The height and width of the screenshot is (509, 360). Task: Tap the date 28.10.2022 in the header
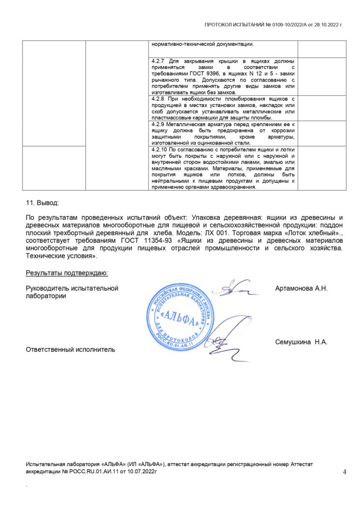point(328,24)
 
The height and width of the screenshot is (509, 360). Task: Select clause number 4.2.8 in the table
point(157,99)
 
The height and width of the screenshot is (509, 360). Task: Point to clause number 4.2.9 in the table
point(157,124)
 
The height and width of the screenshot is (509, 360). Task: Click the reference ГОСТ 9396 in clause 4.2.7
point(212,74)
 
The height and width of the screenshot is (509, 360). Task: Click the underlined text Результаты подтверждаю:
point(67,272)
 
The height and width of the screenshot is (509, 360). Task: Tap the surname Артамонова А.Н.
point(301,288)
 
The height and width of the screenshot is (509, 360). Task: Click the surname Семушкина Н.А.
point(301,342)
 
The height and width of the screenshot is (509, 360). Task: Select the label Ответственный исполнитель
point(70,349)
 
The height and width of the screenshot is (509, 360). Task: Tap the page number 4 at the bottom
point(345,472)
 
